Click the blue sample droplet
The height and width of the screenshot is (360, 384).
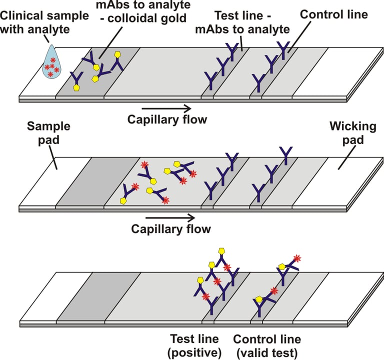tap(50, 64)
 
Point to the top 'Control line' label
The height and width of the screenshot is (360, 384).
tap(333, 14)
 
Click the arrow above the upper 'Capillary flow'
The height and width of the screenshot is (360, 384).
tap(166, 107)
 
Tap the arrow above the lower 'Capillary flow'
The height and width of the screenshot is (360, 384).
tap(170, 217)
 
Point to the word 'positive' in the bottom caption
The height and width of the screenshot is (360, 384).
tap(195, 353)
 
